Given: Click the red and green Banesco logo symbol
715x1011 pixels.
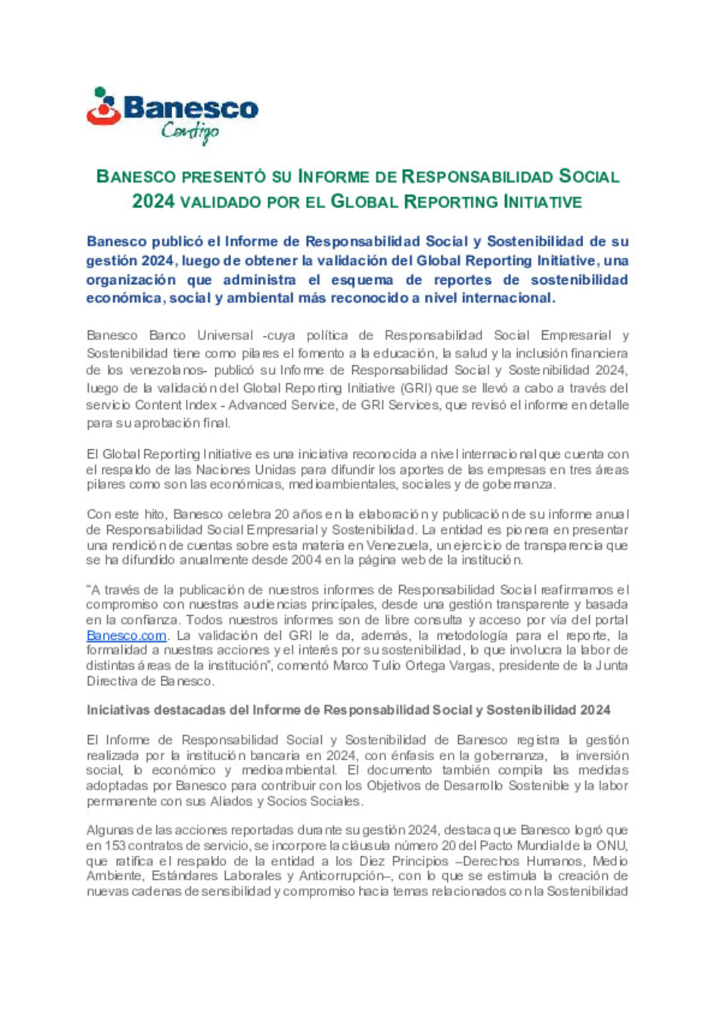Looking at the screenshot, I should pos(103,107).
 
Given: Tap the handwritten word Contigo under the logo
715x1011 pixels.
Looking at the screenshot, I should pos(190,132).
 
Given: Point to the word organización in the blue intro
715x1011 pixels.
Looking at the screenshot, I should pos(131,280).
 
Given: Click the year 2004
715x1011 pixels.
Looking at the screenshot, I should pos(307,560).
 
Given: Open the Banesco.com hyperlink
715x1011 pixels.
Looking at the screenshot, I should pos(126,635).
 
